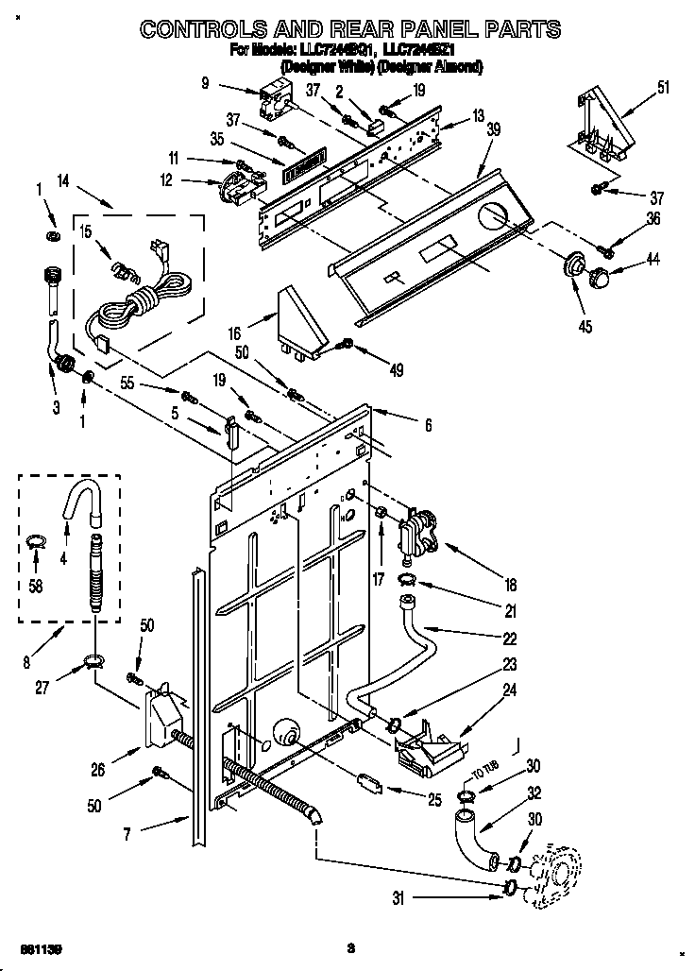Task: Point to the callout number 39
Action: click(492, 132)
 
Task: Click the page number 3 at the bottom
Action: click(349, 947)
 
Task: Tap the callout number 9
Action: click(205, 83)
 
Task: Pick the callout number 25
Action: click(433, 800)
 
